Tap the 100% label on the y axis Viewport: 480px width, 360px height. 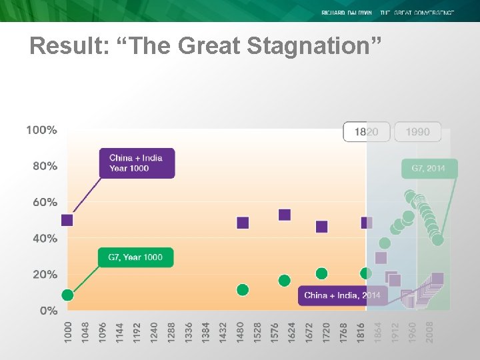(x=41, y=130)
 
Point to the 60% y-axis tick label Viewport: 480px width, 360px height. (x=45, y=202)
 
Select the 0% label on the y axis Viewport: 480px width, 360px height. (x=48, y=311)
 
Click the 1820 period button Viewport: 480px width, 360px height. (x=366, y=131)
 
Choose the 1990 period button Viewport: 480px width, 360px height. (x=417, y=131)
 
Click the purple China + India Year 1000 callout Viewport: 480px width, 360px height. (x=137, y=163)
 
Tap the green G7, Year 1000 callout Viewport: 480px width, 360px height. (x=135, y=257)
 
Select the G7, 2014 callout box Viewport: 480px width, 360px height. (x=429, y=169)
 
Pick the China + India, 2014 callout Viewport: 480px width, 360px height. (x=342, y=295)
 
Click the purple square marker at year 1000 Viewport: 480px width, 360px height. (x=67, y=220)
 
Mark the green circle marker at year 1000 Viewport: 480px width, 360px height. (x=67, y=295)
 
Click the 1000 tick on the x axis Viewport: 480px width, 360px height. (x=68, y=331)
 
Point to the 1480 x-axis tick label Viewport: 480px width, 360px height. (x=240, y=331)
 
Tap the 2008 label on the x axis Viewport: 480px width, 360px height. (x=429, y=331)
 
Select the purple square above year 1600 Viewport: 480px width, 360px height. (x=285, y=215)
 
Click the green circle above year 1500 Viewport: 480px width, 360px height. (x=243, y=289)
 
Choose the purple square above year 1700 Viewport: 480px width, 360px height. (x=322, y=227)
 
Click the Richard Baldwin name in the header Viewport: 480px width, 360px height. (x=346, y=13)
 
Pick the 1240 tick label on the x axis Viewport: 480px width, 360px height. (x=154, y=331)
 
